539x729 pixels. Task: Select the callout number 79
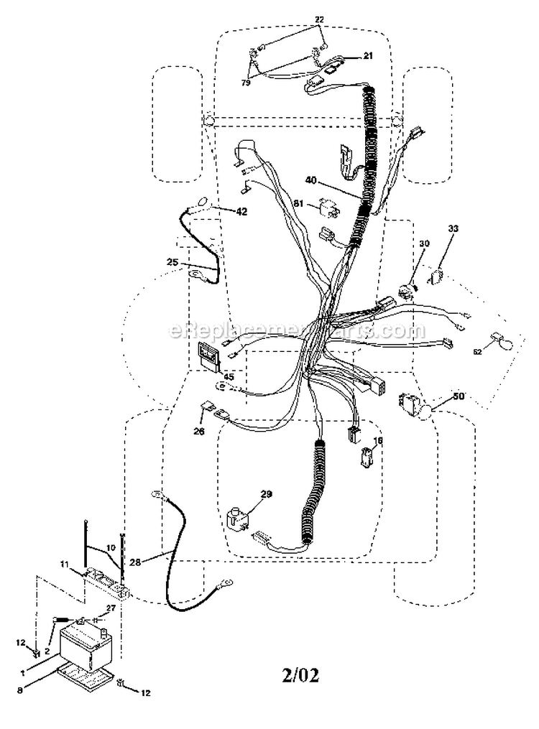[x=246, y=83]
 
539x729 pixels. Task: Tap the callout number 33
[x=453, y=229]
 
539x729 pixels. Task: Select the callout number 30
[x=424, y=243]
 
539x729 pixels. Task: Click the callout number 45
[x=228, y=376]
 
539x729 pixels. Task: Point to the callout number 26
[x=198, y=432]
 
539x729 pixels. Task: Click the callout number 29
[x=267, y=495]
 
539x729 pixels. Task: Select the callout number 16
[x=378, y=440]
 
